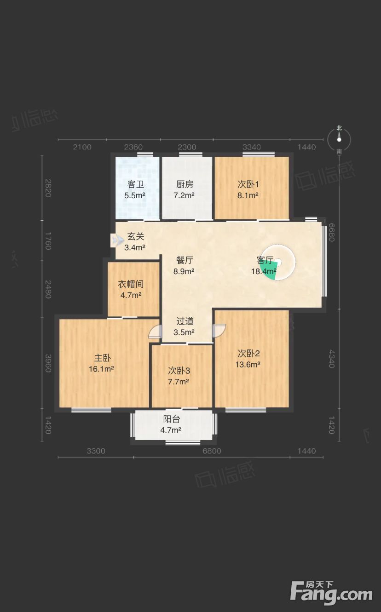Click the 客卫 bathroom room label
pyautogui.click(x=135, y=184)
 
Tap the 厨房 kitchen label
pyautogui.click(x=185, y=184)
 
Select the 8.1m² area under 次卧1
pyautogui.click(x=248, y=195)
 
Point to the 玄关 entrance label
pyautogui.click(x=136, y=236)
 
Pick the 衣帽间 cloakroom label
pyautogui.click(x=131, y=284)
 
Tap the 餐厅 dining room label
pyautogui.click(x=185, y=260)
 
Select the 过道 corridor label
pyautogui.click(x=185, y=321)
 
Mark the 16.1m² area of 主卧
pyautogui.click(x=101, y=369)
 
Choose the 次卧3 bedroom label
pyautogui.click(x=179, y=371)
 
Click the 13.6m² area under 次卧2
pyautogui.click(x=248, y=365)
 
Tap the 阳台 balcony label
pyautogui.click(x=172, y=419)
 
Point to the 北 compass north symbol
pyautogui.click(x=339, y=128)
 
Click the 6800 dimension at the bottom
pyautogui.click(x=212, y=451)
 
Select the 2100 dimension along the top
pyautogui.click(x=82, y=147)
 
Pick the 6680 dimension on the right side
pyautogui.click(x=331, y=233)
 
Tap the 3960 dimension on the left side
pyautogui.click(x=48, y=363)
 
